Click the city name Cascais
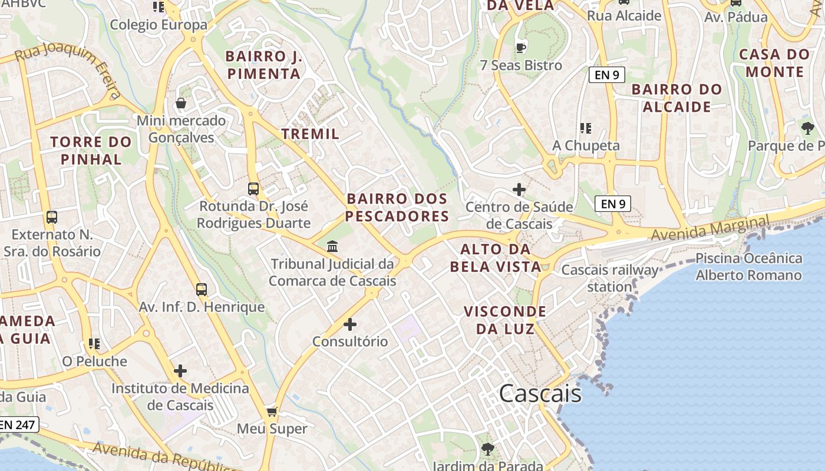[540, 393]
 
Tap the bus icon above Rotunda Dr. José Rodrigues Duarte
[253, 189]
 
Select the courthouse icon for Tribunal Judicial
[332, 246]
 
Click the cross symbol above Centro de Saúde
[519, 190]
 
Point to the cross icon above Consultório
[350, 324]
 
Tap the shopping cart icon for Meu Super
[272, 412]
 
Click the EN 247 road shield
[18, 424]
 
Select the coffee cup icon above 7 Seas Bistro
[520, 48]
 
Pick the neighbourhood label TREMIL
[311, 134]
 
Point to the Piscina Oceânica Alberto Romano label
[748, 267]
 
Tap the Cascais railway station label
[609, 278]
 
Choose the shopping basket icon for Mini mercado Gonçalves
[181, 104]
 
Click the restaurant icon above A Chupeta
[585, 128]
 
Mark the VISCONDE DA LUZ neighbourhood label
[505, 320]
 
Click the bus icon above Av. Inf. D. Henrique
[202, 290]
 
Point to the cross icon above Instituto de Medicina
[180, 371]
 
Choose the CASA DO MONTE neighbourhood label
[774, 63]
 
